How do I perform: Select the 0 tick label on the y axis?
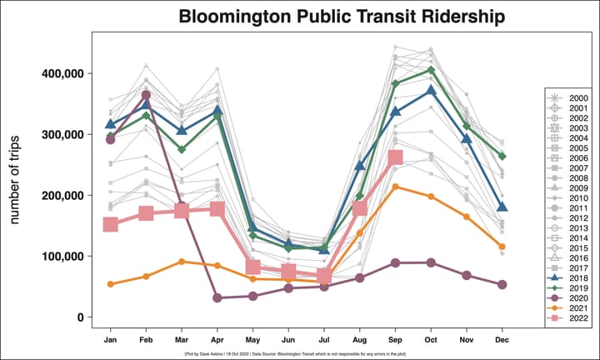80,317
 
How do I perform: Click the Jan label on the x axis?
110,340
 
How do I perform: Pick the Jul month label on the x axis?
324,340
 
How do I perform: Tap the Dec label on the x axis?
502,340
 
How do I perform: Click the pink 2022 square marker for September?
395,157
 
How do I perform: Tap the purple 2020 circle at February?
146,95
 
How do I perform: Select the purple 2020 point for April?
217,297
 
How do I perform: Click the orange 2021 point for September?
395,187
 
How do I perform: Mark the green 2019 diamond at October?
431,70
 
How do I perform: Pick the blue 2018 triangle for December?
502,207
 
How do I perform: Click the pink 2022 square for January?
110,225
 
